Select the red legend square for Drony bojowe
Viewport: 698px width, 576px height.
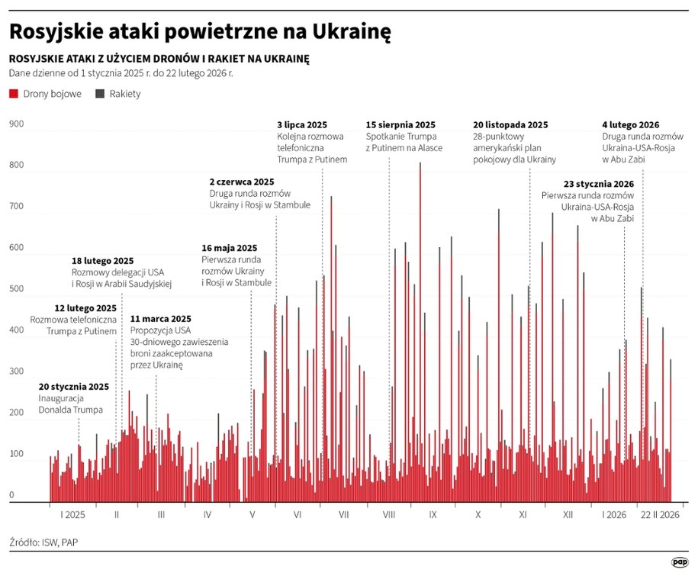coord(13,94)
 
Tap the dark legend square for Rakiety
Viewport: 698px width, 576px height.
coord(100,94)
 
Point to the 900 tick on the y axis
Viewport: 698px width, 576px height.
coord(17,124)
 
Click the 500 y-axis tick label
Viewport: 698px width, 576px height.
coord(17,289)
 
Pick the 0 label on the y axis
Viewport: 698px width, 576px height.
coord(12,495)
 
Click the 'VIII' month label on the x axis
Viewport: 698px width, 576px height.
coord(388,515)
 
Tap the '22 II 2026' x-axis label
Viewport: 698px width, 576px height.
coord(659,515)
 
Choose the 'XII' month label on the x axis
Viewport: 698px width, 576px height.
coord(568,515)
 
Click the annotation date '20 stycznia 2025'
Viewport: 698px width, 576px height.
coord(74,387)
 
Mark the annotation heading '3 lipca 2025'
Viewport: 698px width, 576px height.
coord(302,124)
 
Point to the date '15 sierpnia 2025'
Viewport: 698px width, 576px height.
coord(400,124)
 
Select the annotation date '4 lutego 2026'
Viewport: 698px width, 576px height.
coord(631,124)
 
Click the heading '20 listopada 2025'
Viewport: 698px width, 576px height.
coord(510,124)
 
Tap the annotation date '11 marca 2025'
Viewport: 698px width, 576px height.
coord(161,319)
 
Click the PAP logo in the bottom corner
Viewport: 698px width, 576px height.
coord(679,562)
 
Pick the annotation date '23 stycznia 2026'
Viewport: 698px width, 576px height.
coord(599,184)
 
